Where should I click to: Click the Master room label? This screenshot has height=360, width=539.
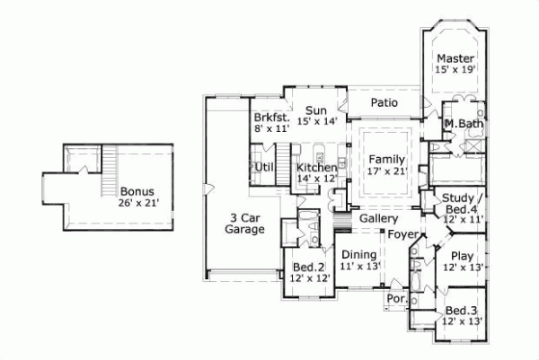[x=456, y=58]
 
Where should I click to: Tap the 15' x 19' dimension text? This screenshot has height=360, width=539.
[x=456, y=69]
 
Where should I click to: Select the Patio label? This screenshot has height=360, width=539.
[x=384, y=103]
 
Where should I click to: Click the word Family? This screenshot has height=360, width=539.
[x=385, y=159]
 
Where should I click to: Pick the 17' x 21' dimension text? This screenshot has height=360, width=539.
[x=385, y=171]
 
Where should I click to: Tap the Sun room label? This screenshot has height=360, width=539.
[x=314, y=110]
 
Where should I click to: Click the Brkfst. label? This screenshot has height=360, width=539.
[x=269, y=118]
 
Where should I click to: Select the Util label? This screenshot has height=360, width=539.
[x=264, y=167]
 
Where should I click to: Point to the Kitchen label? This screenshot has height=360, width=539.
[x=316, y=168]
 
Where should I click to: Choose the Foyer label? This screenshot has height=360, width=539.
[x=403, y=235]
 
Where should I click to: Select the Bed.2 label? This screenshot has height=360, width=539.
[x=308, y=268]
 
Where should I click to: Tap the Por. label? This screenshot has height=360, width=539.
[x=394, y=298]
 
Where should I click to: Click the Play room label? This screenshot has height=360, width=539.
[x=463, y=256]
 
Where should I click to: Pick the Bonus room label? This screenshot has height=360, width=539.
[x=137, y=191]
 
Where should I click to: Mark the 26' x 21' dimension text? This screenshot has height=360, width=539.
[x=137, y=203]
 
